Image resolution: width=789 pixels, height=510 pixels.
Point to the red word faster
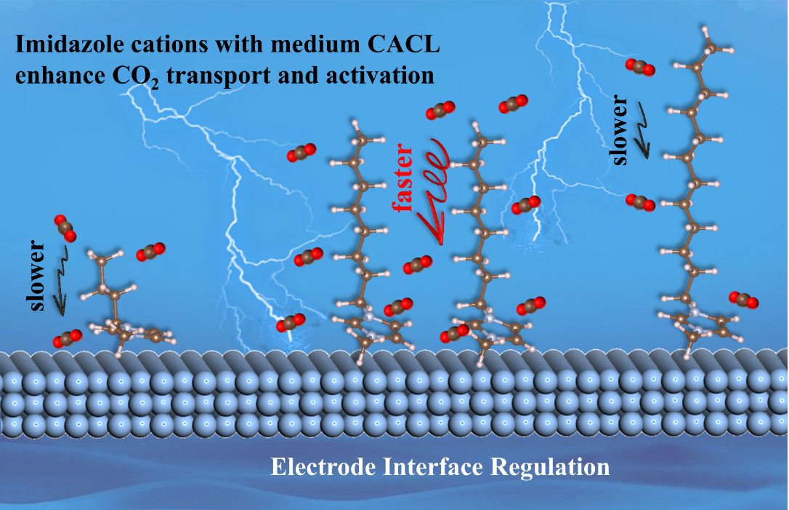(403, 178)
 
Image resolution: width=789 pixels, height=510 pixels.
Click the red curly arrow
(434, 191)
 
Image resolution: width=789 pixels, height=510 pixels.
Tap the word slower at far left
(37, 276)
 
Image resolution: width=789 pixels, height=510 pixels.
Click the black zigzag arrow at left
(61, 281)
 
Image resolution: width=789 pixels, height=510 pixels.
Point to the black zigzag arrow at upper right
(642, 130)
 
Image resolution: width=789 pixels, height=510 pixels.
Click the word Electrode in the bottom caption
(323, 466)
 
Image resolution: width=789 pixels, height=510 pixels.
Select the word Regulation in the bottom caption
(550, 467)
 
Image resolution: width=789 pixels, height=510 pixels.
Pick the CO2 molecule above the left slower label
(65, 228)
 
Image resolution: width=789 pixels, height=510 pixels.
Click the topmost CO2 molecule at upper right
(640, 67)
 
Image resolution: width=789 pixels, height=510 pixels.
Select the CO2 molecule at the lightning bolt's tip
(291, 322)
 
